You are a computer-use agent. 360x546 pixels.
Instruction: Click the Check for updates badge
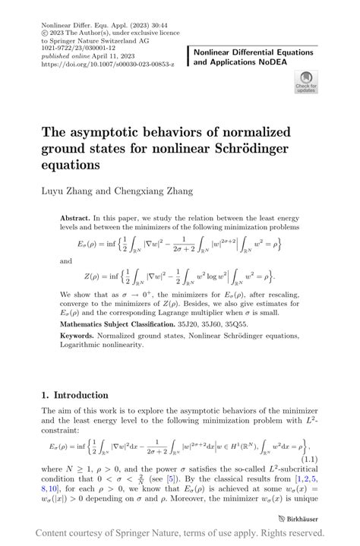pos(305,81)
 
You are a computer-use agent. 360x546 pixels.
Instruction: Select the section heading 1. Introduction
pos(75,396)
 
